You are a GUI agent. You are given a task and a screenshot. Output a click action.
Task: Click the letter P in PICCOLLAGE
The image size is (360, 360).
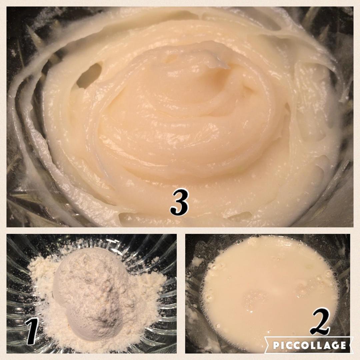tap(276, 345)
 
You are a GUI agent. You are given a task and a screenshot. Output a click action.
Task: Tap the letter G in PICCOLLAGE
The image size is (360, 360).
tap(334, 345)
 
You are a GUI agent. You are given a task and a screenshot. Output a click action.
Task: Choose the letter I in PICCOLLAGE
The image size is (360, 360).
tap(282, 345)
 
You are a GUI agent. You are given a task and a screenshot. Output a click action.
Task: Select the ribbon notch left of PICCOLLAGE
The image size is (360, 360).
tap(266, 345)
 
